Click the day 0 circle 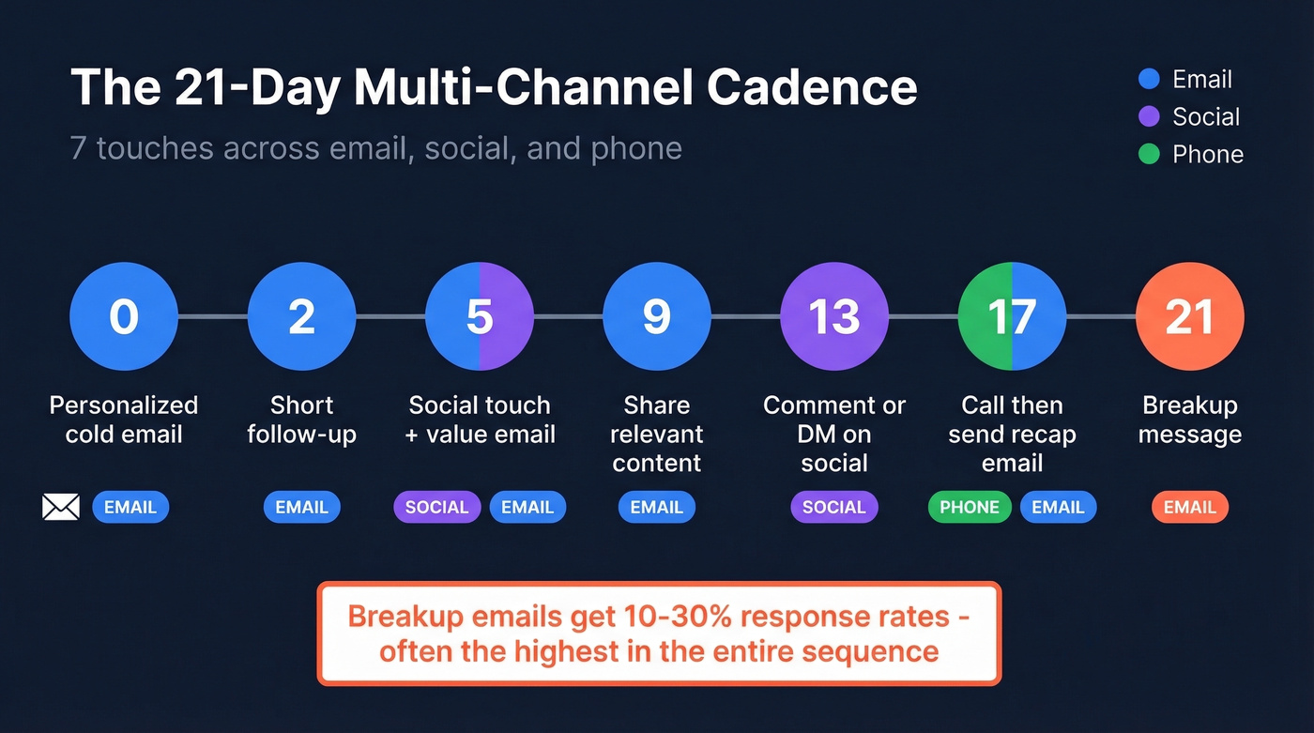[124, 316]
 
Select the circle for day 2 [301, 316]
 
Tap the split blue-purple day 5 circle [479, 316]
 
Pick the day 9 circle [656, 316]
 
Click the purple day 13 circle [834, 316]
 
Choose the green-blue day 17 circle [1012, 316]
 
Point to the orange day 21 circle [1189, 316]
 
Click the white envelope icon [61, 508]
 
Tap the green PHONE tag [970, 508]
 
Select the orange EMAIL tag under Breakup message [1189, 508]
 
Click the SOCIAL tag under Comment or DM [834, 508]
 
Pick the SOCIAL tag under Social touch [436, 508]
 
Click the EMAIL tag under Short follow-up [301, 508]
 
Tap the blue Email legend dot [1149, 79]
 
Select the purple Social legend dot [1149, 116]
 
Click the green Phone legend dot [1149, 154]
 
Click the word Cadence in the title [812, 87]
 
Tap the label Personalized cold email [124, 420]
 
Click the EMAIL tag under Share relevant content [656, 508]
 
